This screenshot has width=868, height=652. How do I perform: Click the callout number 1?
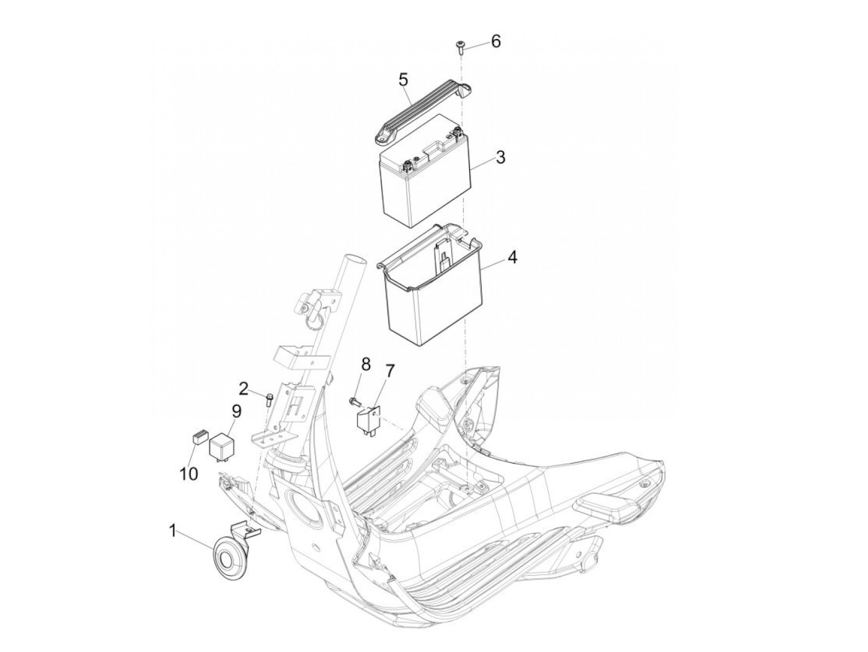(x=172, y=531)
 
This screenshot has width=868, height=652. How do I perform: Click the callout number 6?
(x=495, y=41)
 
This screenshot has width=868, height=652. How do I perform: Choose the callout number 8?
(x=366, y=364)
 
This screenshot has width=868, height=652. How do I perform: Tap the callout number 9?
(x=236, y=412)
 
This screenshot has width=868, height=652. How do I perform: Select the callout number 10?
(x=189, y=474)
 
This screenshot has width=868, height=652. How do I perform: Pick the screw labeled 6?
(x=461, y=46)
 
